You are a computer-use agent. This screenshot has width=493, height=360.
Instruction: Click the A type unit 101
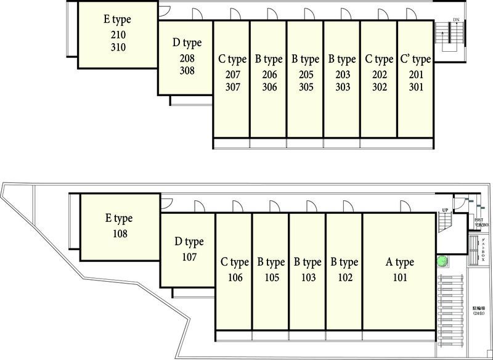(x=399, y=271)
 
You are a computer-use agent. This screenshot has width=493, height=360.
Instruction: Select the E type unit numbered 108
(x=120, y=226)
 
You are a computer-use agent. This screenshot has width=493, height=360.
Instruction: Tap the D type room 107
(x=189, y=250)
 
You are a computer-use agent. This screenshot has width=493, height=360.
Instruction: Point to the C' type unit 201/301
(x=415, y=80)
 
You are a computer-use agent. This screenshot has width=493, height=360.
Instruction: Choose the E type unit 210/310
(x=117, y=34)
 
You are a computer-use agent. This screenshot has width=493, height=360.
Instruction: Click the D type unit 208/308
(x=187, y=59)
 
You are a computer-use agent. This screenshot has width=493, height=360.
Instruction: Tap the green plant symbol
(x=442, y=261)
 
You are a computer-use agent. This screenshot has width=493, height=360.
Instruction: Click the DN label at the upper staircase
(x=456, y=20)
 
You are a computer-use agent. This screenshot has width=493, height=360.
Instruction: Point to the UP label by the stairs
(x=444, y=210)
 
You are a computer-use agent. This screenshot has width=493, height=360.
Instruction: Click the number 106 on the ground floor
(x=234, y=278)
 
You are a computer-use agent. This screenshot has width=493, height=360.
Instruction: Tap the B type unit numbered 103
(x=308, y=271)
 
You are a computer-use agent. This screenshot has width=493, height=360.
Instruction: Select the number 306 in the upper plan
(x=269, y=87)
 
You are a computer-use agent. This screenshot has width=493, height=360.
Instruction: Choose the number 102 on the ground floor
(x=344, y=278)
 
